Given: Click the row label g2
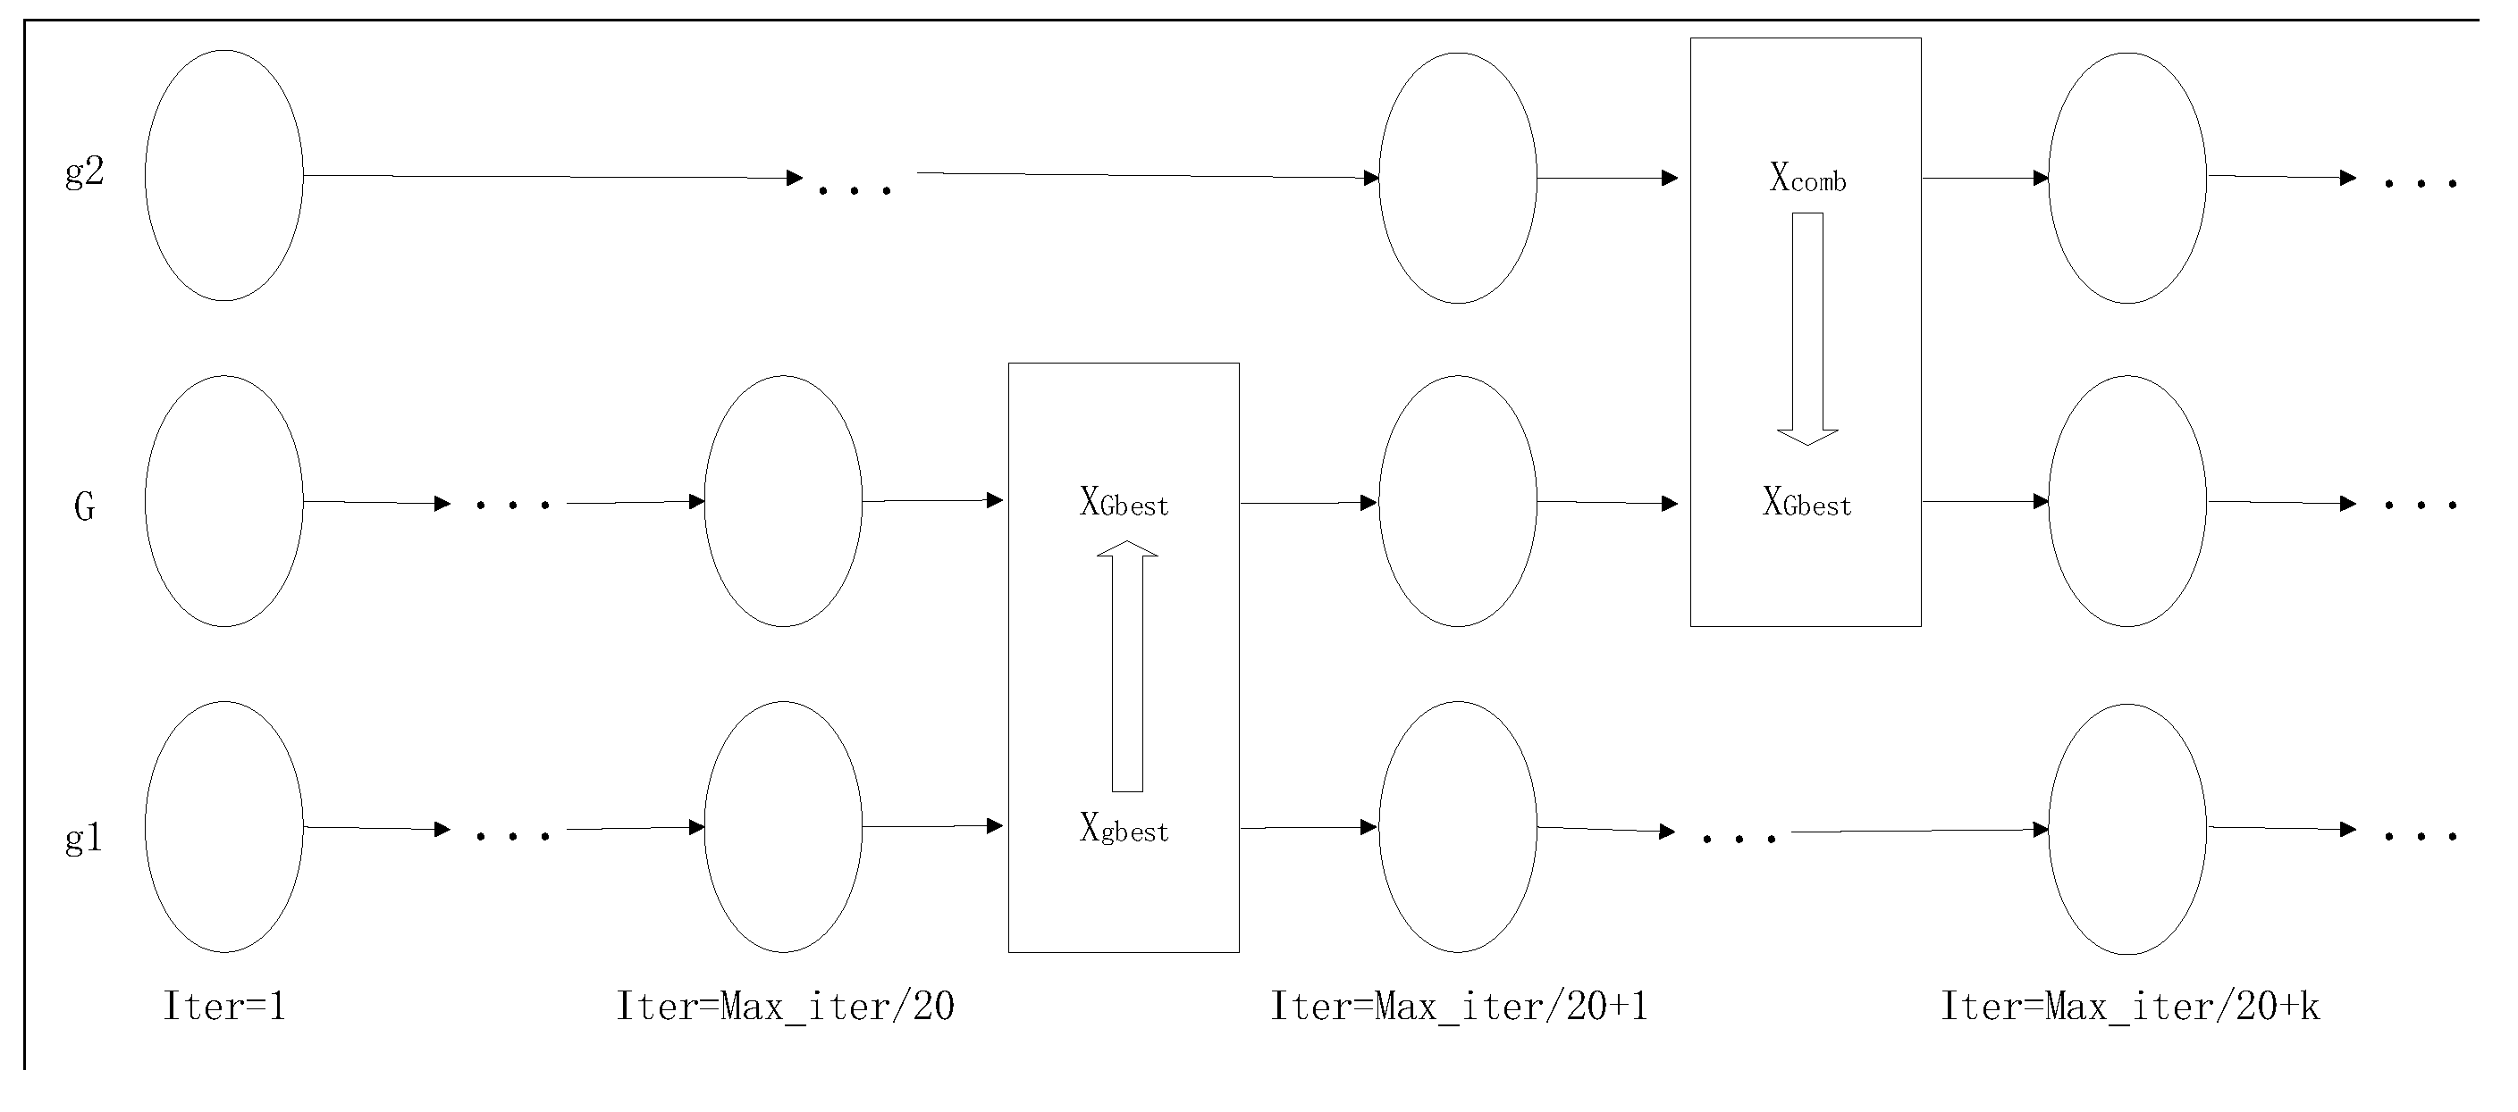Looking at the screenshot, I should click(x=84, y=173).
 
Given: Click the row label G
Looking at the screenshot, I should click(x=85, y=506).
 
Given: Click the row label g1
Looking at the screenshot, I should click(x=84, y=839).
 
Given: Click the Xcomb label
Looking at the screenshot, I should click(x=1807, y=179).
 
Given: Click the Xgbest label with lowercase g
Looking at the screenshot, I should click(x=1124, y=830).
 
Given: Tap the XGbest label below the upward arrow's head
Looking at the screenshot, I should click(x=1124, y=503).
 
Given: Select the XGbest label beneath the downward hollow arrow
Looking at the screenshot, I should click(x=1807, y=503).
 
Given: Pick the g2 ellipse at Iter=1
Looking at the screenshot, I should click(x=223, y=176).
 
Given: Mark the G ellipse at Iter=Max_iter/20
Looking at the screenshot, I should click(x=783, y=501).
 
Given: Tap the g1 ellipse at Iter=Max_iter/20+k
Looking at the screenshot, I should click(x=2127, y=829).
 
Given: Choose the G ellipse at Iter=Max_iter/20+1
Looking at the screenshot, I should click(x=1457, y=501).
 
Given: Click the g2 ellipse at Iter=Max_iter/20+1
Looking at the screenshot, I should click(x=1457, y=178).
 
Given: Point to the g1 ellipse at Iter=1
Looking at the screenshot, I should click(x=223, y=827).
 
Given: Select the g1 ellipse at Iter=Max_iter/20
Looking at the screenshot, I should click(x=783, y=827).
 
